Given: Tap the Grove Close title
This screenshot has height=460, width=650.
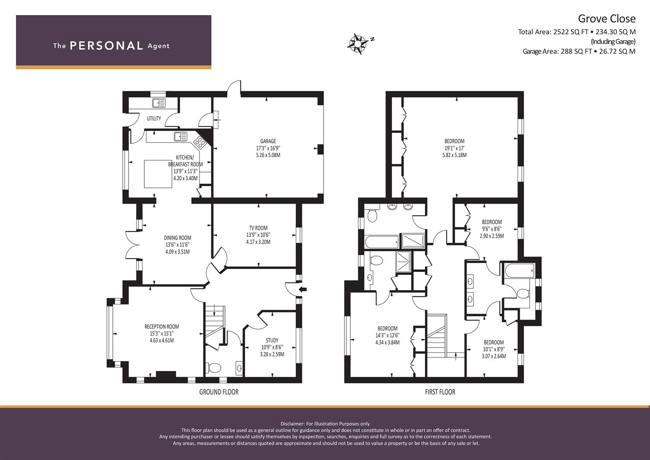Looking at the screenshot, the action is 607,19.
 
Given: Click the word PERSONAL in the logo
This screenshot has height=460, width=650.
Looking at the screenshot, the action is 106,46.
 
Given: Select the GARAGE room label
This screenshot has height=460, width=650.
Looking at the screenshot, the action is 268,141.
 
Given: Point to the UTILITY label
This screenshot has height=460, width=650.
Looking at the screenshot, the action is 154,118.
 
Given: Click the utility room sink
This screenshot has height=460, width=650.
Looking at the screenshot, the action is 158,103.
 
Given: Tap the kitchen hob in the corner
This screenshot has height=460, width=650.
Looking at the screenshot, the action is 200,142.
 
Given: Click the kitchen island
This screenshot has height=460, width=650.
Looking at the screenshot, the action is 158,174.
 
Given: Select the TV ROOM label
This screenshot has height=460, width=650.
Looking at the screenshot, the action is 258,228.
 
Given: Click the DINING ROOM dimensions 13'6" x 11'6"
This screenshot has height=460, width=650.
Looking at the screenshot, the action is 178,245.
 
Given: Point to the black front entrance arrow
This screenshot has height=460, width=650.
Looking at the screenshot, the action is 303,289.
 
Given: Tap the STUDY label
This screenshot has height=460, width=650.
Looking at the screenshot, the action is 272,340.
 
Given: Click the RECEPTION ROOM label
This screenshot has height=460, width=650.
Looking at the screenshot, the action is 162,327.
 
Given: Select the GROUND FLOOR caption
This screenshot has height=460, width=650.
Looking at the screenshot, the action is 219,392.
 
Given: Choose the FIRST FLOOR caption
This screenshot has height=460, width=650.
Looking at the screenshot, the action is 440,392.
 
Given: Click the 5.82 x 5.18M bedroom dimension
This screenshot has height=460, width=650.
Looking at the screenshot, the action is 455,155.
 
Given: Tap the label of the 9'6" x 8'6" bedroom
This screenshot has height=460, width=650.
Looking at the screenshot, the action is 492,222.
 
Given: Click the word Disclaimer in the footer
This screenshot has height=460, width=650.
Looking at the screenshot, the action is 292,424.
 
